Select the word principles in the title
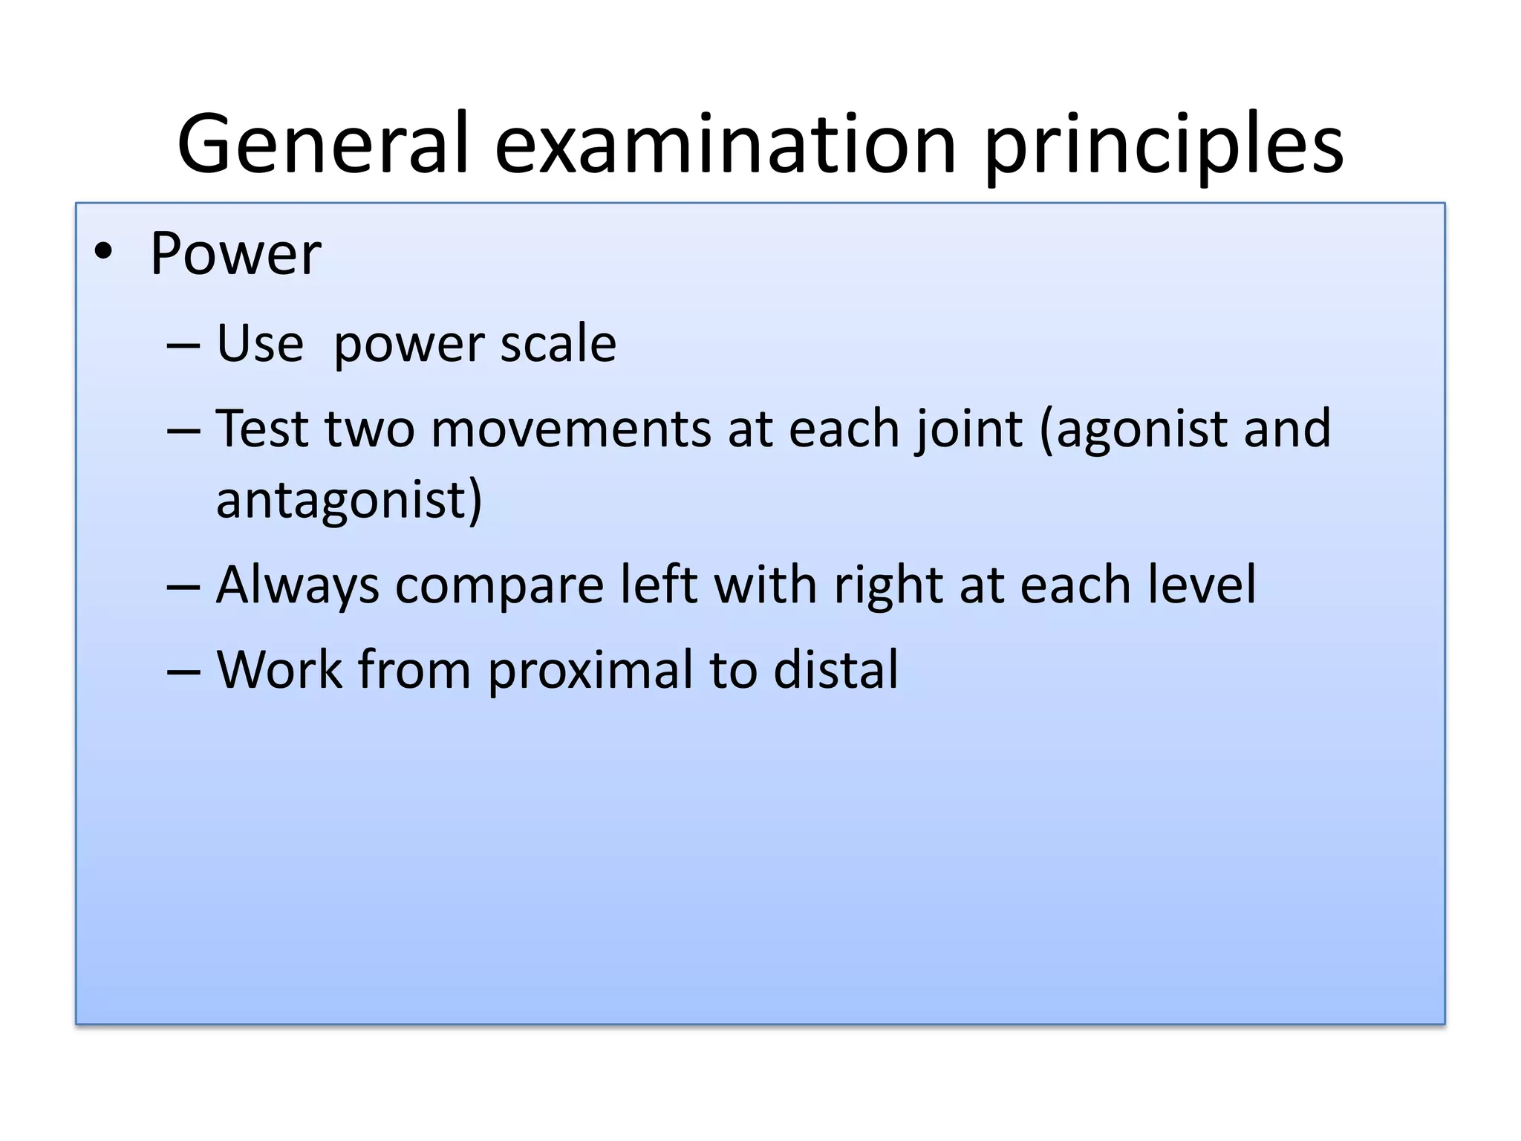(1164, 146)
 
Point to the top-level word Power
(235, 254)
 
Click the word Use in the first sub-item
(260, 344)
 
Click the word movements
(570, 429)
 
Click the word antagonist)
(349, 501)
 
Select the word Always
(297, 585)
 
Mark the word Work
(279, 670)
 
